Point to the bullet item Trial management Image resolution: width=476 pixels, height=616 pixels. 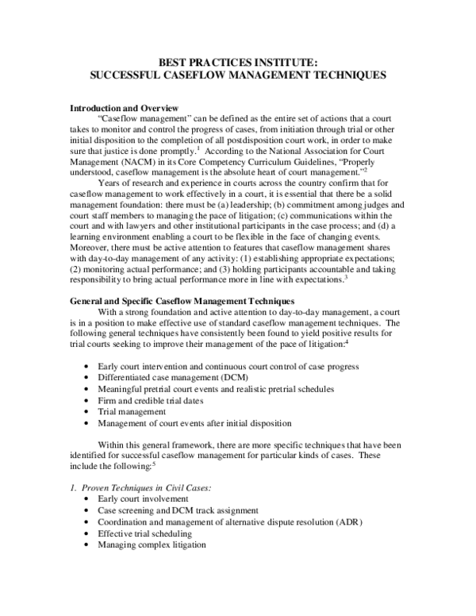pos(132,412)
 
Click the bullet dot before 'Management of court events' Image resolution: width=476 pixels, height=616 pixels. pos(86,424)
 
